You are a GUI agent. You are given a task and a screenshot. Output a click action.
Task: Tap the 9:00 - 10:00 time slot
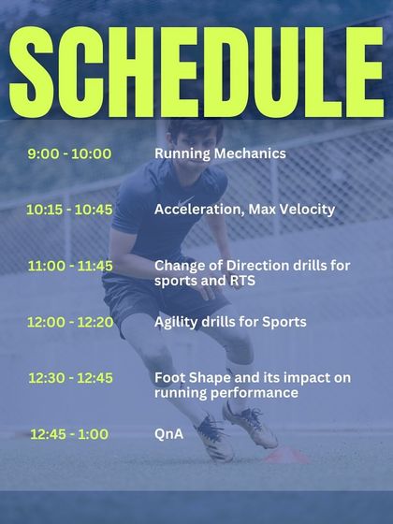pyautogui.click(x=69, y=153)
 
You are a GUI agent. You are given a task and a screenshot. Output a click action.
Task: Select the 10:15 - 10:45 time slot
pyautogui.click(x=69, y=210)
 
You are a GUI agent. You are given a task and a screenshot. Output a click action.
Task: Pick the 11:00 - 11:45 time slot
pyautogui.click(x=69, y=266)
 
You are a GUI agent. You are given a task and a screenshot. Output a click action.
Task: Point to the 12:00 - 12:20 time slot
pyautogui.click(x=69, y=322)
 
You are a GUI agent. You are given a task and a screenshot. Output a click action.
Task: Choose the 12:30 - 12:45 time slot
pyautogui.click(x=69, y=378)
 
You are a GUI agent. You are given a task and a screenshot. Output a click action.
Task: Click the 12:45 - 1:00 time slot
pyautogui.click(x=69, y=434)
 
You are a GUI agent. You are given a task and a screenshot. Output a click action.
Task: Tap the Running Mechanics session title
pyautogui.click(x=220, y=153)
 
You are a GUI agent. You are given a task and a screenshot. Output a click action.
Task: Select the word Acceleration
pyautogui.click(x=196, y=210)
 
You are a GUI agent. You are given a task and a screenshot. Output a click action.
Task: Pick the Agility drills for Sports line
pyautogui.click(x=230, y=322)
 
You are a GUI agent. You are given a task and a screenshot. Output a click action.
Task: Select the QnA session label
pyautogui.click(x=168, y=434)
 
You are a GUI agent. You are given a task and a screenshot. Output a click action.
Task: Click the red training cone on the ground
pyautogui.click(x=281, y=456)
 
